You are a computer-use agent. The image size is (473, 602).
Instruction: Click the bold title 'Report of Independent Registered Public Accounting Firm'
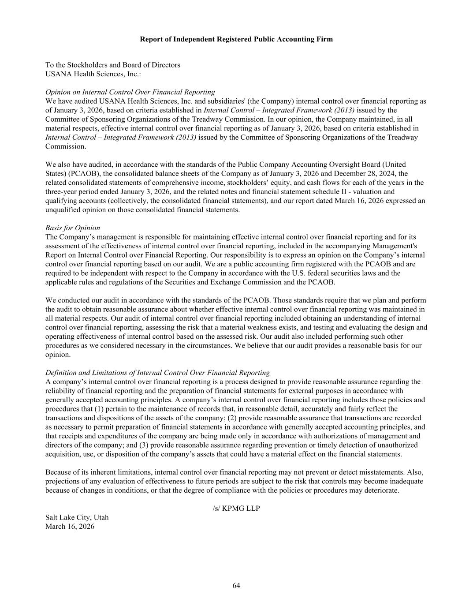(236, 39)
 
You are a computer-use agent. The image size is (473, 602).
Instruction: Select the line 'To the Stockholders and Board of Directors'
(112, 65)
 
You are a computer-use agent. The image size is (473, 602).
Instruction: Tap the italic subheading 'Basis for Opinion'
(72, 228)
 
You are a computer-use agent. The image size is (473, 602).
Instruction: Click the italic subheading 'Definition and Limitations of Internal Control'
(157, 373)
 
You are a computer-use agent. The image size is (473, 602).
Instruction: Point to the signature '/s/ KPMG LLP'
(236, 509)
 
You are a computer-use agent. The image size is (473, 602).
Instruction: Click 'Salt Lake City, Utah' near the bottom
(77, 517)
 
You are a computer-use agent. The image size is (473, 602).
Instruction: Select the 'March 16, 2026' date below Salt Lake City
(70, 526)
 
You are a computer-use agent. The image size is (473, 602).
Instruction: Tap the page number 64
(236, 586)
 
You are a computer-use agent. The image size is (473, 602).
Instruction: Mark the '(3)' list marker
(144, 445)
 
